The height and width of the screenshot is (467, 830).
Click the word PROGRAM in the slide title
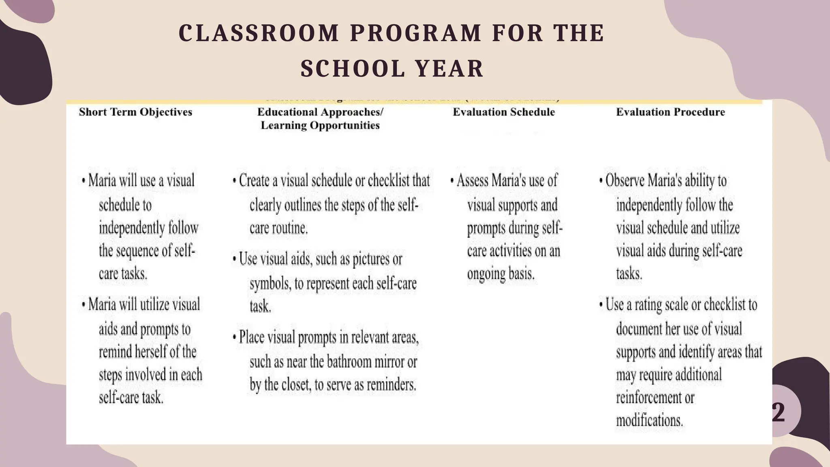(416, 33)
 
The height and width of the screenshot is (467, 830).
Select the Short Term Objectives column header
(135, 112)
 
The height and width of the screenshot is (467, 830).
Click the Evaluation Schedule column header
(503, 112)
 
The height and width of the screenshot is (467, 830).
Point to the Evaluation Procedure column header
(670, 112)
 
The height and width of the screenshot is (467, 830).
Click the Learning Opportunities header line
(320, 125)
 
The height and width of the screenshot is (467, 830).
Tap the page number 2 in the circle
(778, 412)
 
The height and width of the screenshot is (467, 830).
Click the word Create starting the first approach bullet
(254, 180)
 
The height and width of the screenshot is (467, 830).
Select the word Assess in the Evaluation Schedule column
(472, 180)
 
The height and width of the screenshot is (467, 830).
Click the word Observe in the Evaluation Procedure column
(625, 180)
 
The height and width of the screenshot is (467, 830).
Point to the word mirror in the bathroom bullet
(391, 362)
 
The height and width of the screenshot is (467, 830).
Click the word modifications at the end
(649, 420)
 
